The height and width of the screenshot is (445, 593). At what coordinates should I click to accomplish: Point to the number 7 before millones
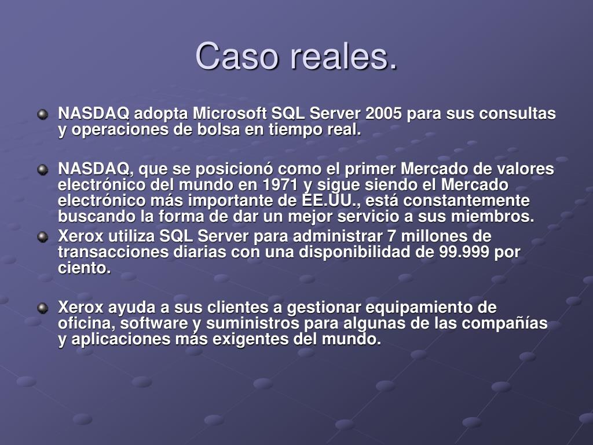click(392, 236)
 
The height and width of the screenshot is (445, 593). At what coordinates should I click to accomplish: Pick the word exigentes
click(250, 339)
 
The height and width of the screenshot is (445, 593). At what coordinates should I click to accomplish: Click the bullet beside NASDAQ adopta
click(43, 114)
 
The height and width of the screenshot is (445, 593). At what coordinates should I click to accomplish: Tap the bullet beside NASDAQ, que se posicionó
click(43, 170)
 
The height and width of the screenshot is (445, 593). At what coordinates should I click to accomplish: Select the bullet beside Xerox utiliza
click(43, 237)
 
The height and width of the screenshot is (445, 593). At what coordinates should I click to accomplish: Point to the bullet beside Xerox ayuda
click(43, 308)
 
